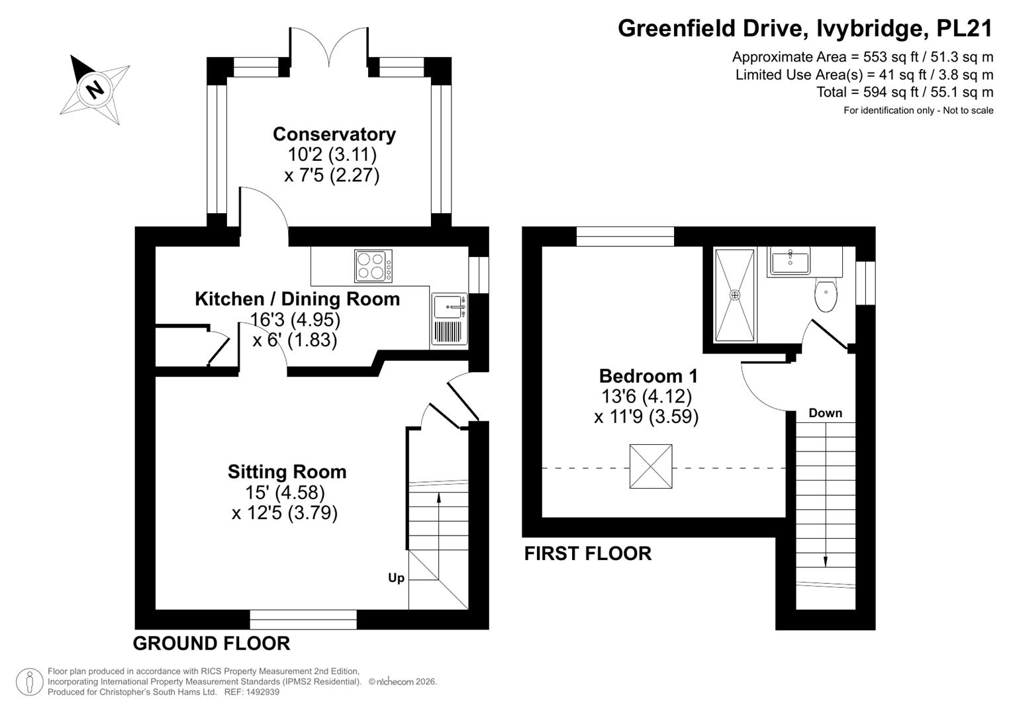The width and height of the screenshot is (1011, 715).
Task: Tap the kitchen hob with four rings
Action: [373, 266]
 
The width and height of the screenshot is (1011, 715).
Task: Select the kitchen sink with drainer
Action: [450, 319]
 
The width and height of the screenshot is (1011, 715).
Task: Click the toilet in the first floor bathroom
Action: [826, 295]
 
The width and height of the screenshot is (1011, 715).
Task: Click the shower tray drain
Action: [735, 295]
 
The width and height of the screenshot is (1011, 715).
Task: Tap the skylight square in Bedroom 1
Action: [651, 466]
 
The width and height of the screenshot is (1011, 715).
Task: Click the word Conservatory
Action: [334, 134]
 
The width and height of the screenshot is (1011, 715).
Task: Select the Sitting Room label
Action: [287, 471]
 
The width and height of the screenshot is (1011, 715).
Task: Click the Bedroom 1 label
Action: [648, 375]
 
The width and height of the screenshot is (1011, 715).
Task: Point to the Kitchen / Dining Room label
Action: [297, 299]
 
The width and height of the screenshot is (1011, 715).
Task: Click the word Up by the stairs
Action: [397, 578]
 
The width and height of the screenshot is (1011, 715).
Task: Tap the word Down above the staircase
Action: [826, 413]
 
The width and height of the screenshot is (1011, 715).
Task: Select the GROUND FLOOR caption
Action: [211, 643]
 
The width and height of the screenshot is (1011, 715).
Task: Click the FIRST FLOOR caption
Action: [588, 553]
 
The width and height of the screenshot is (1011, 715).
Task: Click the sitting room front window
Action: [303, 619]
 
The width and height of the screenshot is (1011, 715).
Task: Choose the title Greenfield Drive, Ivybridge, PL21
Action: [805, 28]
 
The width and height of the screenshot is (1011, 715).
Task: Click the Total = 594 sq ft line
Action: [905, 92]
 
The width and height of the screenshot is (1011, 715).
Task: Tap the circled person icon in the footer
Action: [29, 682]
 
